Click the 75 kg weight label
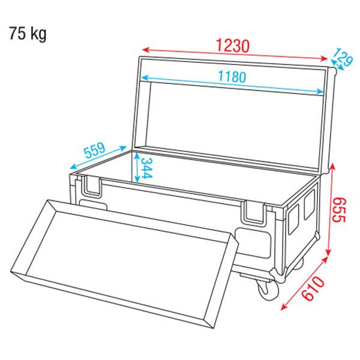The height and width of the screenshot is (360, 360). pyautogui.click(x=28, y=33)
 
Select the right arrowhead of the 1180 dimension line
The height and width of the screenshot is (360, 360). pyautogui.click(x=319, y=92)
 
